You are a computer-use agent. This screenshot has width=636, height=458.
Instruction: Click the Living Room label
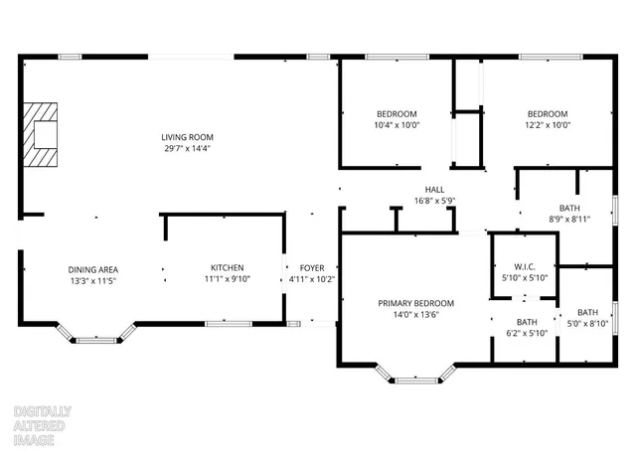[188, 137]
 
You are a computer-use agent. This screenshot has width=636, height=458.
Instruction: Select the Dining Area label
[93, 269]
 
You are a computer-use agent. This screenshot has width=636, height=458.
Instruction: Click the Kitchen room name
[227, 268]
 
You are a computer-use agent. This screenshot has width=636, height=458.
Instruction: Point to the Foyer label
[311, 268]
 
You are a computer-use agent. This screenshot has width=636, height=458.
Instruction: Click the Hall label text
[434, 189]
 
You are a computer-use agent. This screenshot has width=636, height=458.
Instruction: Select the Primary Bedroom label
[415, 303]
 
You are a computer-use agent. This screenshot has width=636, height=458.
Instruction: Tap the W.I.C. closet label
[525, 266]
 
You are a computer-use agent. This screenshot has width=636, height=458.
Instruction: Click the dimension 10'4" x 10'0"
[397, 125]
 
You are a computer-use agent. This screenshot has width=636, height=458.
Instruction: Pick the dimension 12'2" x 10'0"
[548, 125]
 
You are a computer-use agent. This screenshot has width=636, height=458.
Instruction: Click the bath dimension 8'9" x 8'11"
[569, 219]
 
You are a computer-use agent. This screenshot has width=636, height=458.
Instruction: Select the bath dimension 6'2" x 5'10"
[527, 333]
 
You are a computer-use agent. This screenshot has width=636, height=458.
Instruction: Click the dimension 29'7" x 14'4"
[188, 148]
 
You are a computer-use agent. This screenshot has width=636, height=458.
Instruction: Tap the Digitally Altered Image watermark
[41, 425]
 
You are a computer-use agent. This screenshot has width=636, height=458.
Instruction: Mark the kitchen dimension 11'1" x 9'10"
[227, 280]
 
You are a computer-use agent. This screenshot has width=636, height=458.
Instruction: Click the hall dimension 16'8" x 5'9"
[434, 200]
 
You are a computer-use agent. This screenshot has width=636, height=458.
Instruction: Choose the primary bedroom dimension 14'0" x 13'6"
[415, 314]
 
